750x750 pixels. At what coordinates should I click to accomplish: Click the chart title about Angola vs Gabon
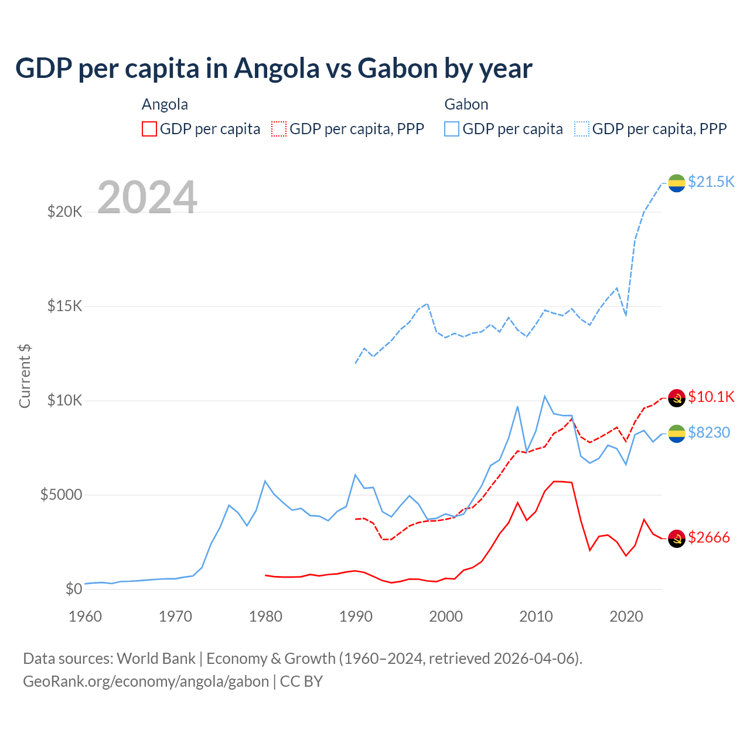[274, 69]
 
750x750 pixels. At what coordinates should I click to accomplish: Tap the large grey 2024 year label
[147, 197]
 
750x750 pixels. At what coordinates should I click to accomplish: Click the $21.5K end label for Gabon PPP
[711, 182]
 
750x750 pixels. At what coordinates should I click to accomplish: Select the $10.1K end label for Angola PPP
[711, 397]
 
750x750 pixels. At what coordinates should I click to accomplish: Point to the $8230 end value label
[708, 432]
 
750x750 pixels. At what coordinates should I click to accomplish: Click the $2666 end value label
[708, 537]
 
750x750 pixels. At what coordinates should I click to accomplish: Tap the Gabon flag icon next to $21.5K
[677, 183]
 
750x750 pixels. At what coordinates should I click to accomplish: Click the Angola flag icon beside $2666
[677, 538]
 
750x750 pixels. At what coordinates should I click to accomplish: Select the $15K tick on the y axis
[64, 306]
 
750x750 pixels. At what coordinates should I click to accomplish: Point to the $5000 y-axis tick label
[61, 495]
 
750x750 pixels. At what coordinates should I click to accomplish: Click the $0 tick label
[73, 589]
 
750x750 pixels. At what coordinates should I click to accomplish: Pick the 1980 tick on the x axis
[265, 616]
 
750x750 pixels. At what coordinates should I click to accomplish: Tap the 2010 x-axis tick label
[536, 616]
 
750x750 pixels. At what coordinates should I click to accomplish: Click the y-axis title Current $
[25, 376]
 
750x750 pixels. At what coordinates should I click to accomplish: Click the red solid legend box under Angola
[149, 129]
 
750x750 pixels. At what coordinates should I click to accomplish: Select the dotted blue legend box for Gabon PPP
[582, 129]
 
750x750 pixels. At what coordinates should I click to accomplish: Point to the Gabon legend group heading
[466, 104]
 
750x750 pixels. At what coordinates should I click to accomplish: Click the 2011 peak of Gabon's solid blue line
[544, 396]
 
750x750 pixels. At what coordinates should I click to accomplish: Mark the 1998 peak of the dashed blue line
[428, 304]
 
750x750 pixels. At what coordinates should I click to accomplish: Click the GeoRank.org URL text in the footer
[146, 681]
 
